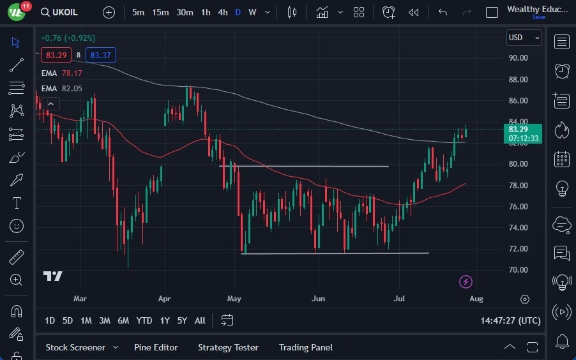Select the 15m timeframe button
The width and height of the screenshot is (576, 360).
coord(160,12)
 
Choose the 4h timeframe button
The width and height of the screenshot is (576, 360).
coord(222,12)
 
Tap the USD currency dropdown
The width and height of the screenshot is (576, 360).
coord(524,38)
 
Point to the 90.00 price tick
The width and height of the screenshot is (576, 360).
coord(518,58)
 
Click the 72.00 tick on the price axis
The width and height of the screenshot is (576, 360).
coord(518,249)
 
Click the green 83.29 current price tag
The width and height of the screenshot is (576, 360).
coord(522,133)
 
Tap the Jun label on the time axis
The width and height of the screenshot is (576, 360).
coord(318,298)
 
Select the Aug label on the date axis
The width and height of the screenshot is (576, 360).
coord(476,298)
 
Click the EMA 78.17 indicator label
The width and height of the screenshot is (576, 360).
coord(62,73)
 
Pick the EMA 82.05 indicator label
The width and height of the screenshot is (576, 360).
coord(62,88)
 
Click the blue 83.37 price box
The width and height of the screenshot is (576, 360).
coord(101,55)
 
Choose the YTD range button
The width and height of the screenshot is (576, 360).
coord(144,320)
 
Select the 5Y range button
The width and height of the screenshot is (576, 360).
coord(182,320)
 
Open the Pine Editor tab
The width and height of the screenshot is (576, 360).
coord(156,347)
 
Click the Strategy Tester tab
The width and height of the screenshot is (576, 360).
coord(228,347)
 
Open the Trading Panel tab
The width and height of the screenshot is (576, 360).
coord(305,347)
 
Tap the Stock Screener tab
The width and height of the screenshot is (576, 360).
coord(75,347)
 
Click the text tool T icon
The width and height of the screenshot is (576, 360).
coord(17,203)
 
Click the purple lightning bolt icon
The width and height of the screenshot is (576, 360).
coord(466,281)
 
